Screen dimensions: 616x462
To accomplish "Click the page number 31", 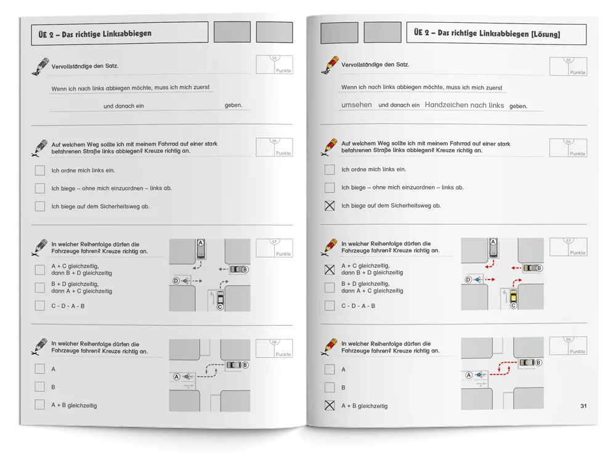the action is pyautogui.click(x=583, y=406).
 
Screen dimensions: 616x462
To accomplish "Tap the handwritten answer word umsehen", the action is pyautogui.click(x=356, y=105).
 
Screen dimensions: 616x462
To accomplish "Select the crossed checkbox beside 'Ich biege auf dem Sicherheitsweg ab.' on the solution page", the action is pyautogui.click(x=330, y=206).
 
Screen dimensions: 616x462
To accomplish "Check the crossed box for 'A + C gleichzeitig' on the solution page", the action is pyautogui.click(x=330, y=270).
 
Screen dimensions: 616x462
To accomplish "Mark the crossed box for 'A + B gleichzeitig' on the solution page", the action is pyautogui.click(x=330, y=405).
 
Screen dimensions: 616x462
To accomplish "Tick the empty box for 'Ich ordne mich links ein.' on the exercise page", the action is pyautogui.click(x=39, y=170).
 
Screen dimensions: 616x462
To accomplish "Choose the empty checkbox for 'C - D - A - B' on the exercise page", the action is pyautogui.click(x=39, y=306).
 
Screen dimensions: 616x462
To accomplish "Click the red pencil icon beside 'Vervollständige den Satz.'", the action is pyautogui.click(x=329, y=65).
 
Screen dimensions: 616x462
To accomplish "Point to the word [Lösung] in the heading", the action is pyautogui.click(x=546, y=34).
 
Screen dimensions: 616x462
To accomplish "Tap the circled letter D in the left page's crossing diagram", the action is pyautogui.click(x=176, y=281).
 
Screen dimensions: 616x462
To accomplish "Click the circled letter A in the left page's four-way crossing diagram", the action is pyautogui.click(x=201, y=243).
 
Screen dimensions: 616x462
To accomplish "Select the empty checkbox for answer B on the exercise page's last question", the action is pyautogui.click(x=39, y=387).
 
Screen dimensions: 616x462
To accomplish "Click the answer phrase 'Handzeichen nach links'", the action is pyautogui.click(x=464, y=105).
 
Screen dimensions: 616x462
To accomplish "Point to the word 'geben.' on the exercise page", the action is pyautogui.click(x=233, y=105).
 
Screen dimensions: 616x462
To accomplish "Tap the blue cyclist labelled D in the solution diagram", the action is pyautogui.click(x=478, y=280).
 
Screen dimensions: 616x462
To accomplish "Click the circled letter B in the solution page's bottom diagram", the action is pyautogui.click(x=538, y=363).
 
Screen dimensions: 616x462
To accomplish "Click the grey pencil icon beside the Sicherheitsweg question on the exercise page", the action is pyautogui.click(x=39, y=148).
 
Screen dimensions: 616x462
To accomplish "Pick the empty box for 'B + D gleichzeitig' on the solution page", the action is pyautogui.click(x=330, y=287).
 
